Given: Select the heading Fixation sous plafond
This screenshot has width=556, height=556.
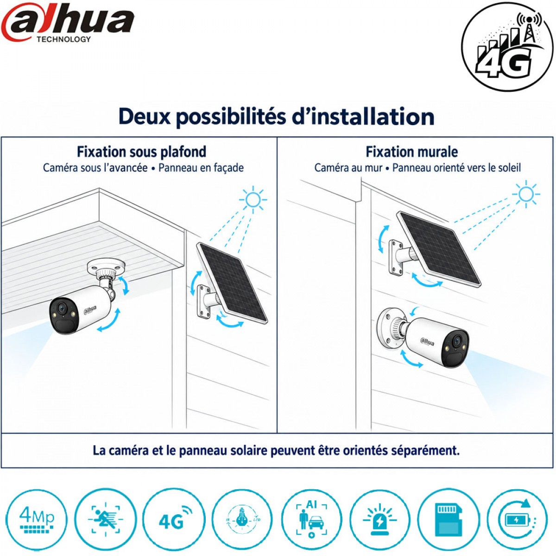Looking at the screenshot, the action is click(x=141, y=152).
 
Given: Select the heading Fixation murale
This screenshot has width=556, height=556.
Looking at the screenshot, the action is click(x=412, y=152).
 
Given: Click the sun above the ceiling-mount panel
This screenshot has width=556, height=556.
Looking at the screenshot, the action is click(x=253, y=199).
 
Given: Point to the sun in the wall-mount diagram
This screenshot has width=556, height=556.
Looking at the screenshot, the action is click(x=526, y=194).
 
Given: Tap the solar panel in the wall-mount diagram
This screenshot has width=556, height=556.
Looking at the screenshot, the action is click(x=439, y=249).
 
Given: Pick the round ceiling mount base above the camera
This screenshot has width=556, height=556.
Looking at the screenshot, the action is click(x=107, y=266).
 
